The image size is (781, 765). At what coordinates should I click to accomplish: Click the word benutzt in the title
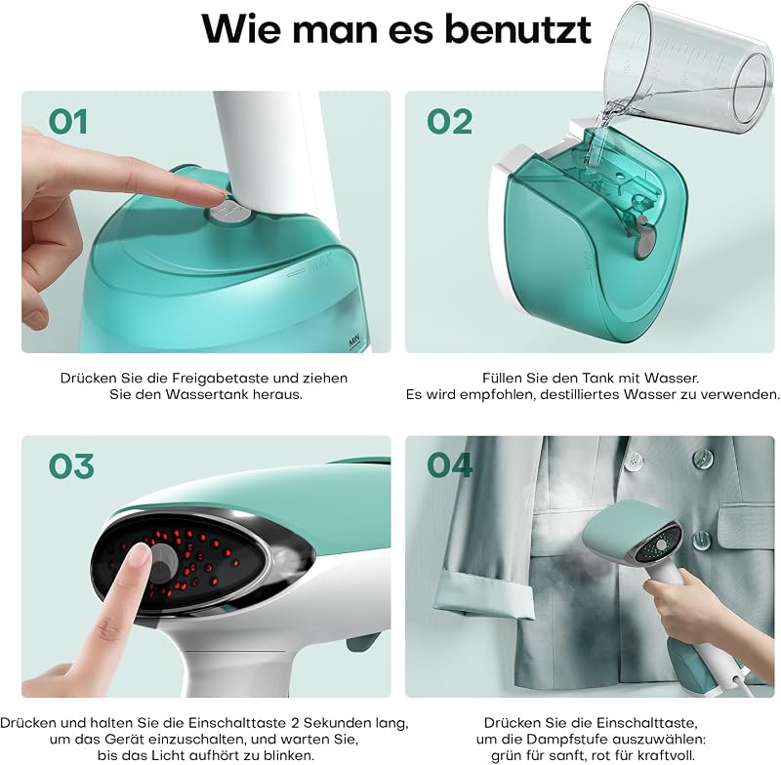coord(518,29)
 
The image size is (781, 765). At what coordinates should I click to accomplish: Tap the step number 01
coord(68,122)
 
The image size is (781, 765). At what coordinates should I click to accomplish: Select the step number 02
coord(449,122)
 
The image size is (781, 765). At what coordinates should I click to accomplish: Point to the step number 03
coord(71,466)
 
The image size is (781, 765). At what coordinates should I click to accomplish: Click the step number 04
coord(449,465)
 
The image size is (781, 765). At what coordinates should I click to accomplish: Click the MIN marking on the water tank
coord(354,342)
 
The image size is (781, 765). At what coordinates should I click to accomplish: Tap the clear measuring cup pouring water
coord(687,69)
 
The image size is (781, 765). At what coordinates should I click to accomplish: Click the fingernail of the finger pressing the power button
coord(138,554)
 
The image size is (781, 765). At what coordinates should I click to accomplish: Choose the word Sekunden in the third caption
coord(337,723)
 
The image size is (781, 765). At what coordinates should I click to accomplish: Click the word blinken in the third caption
coord(288,755)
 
